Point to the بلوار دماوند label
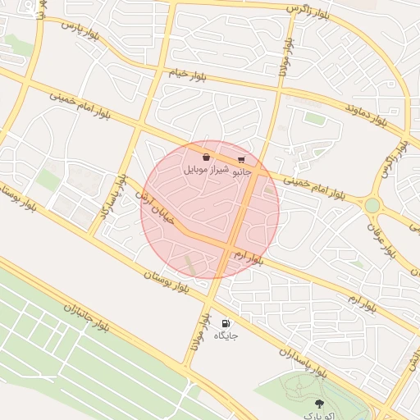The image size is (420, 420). pos(366,112)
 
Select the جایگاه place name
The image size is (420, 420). pos(226,336)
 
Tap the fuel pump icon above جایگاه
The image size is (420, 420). pos(226,323)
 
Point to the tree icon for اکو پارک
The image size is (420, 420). pos(319,403)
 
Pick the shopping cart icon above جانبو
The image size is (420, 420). pos(241,160)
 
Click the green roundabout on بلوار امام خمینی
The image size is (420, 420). pos(372,205)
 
